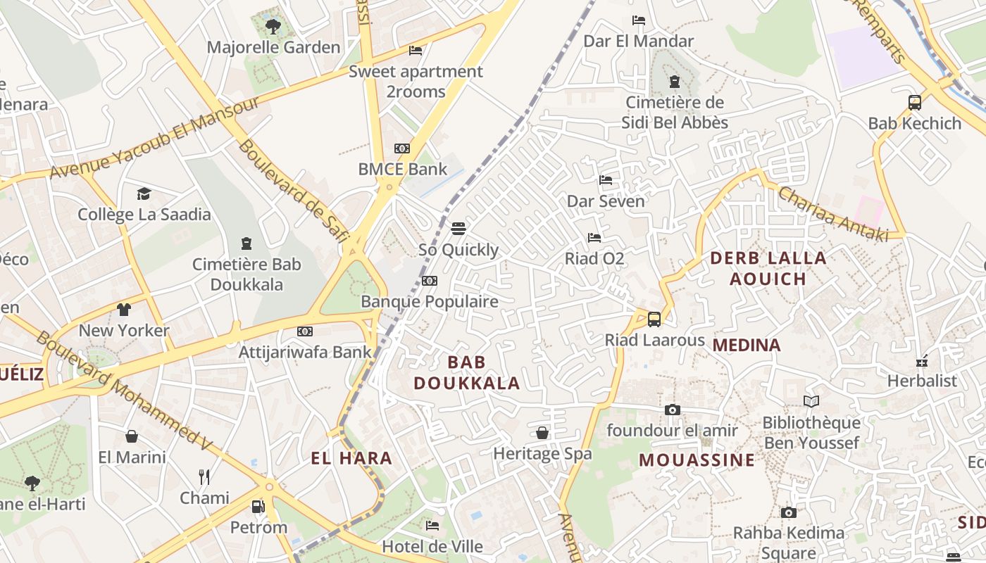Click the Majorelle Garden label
[x=273, y=48]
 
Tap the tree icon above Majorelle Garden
[x=273, y=27]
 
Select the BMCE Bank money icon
[x=402, y=148]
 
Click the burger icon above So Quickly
[x=458, y=229]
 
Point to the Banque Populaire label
[x=430, y=302]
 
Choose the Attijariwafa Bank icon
[x=305, y=331]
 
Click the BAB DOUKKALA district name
[x=467, y=373]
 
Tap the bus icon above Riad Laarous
[x=654, y=320]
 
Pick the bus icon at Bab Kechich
[x=915, y=103]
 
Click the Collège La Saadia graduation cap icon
[x=144, y=194]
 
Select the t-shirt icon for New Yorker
[x=124, y=310]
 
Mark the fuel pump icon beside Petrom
[x=258, y=507]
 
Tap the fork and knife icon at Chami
[x=204, y=477]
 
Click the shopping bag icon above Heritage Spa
[x=542, y=433]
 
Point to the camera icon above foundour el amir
[x=673, y=410]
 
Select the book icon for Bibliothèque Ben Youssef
[x=811, y=401]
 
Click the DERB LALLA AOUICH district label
[x=768, y=268]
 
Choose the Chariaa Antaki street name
[x=832, y=215]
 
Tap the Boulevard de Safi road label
[x=293, y=190]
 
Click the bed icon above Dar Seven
[x=606, y=180]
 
